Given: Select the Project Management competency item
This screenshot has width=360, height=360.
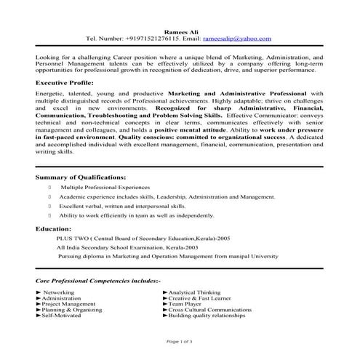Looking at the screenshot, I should coord(68,304).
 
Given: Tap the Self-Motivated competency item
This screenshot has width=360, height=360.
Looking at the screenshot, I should coord(60,316).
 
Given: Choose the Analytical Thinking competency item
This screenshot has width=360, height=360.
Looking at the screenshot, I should coord(194,292).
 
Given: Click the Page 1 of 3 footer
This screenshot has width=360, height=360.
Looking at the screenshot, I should coord(179,341).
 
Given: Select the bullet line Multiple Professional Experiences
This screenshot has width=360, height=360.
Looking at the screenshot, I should coord(105,187).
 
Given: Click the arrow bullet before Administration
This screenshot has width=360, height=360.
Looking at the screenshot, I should coord(38,298).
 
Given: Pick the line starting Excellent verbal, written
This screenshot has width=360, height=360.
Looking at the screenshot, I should coord(120,206).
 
